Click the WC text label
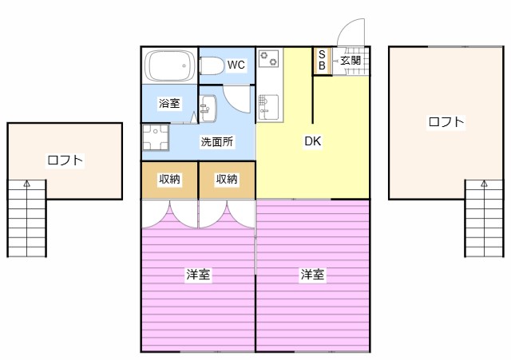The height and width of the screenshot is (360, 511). pyautogui.click(x=236, y=65)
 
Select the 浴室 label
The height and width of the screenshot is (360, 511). pyautogui.click(x=168, y=103)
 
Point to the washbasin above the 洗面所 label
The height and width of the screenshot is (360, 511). pyautogui.click(x=208, y=108)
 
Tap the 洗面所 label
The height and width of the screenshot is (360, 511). pyautogui.click(x=216, y=142)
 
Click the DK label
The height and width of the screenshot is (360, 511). pyautogui.click(x=312, y=142)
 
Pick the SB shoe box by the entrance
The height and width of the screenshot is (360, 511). pyautogui.click(x=322, y=60)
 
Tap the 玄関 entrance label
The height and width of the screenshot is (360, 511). pyautogui.click(x=350, y=60)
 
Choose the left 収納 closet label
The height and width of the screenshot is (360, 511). pyautogui.click(x=169, y=180)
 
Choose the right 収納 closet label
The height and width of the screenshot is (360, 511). pyautogui.click(x=227, y=180)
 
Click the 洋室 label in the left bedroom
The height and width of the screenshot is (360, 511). pyautogui.click(x=198, y=275)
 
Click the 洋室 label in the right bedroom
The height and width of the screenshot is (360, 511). pyautogui.click(x=312, y=275)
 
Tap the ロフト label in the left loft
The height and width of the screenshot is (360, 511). pyautogui.click(x=65, y=160)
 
